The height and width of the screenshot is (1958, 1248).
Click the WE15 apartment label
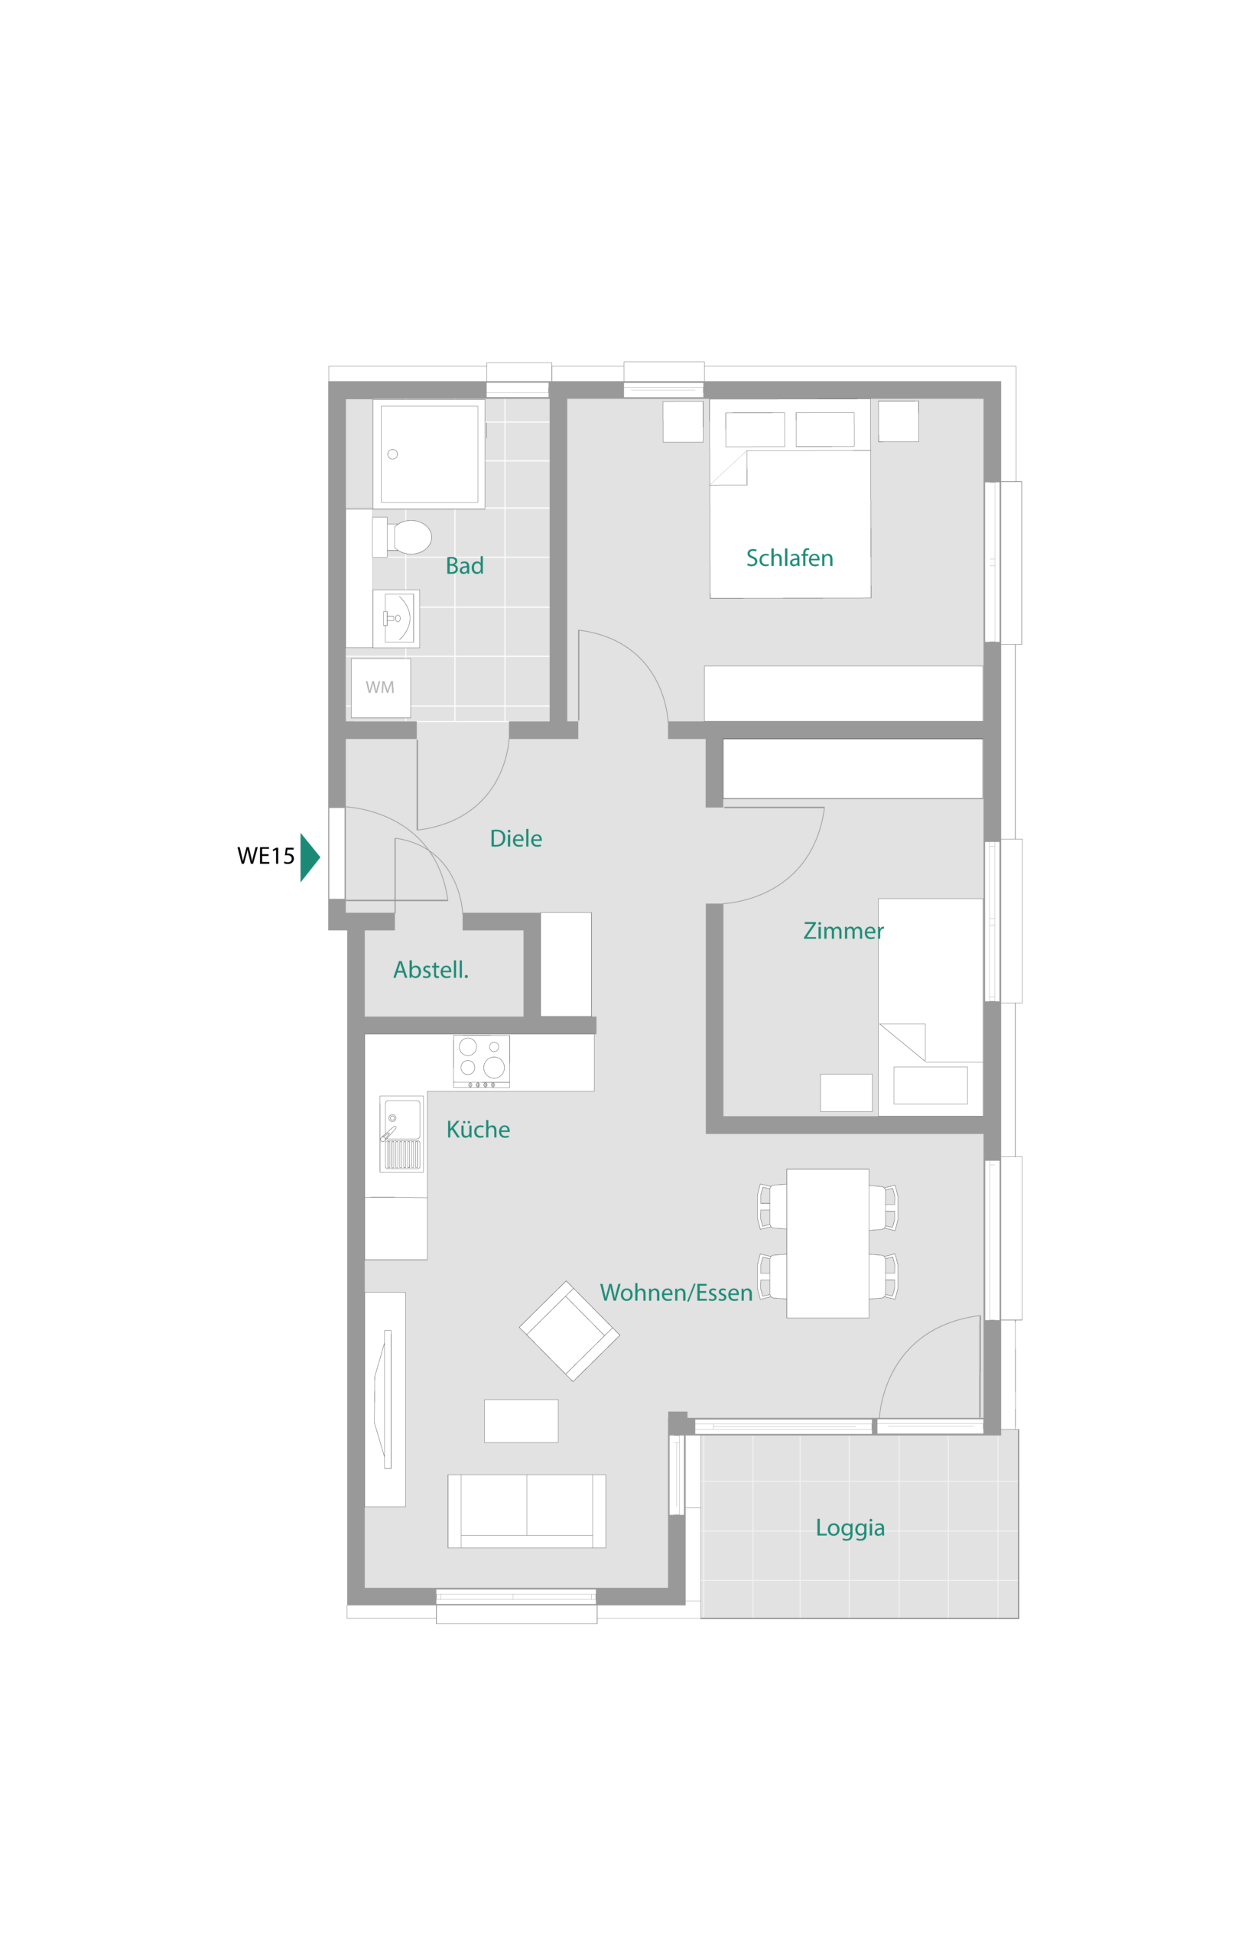tap(265, 856)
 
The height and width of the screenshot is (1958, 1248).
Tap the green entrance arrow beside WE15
tap(310, 857)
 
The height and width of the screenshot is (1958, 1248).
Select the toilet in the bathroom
tap(402, 538)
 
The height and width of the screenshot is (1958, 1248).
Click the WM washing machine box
tap(381, 688)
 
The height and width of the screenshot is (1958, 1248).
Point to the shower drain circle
tap(393, 454)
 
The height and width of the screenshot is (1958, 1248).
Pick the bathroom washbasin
tap(396, 619)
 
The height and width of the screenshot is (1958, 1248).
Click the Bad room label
tap(464, 566)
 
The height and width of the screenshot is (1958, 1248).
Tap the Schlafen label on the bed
tap(789, 558)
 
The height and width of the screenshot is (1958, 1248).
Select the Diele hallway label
tap(515, 839)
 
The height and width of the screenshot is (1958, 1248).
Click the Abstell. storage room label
tap(431, 970)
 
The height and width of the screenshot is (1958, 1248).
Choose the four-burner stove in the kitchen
tap(481, 1061)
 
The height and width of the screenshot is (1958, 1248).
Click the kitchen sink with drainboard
tap(401, 1134)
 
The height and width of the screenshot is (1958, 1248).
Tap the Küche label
tap(478, 1130)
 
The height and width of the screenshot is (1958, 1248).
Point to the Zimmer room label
tap(843, 931)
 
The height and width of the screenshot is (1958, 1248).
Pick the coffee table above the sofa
tap(522, 1421)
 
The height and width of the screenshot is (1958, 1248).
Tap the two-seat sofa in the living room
tap(527, 1511)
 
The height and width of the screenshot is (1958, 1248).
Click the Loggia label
tap(850, 1529)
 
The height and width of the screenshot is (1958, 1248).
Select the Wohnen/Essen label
tap(677, 1293)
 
